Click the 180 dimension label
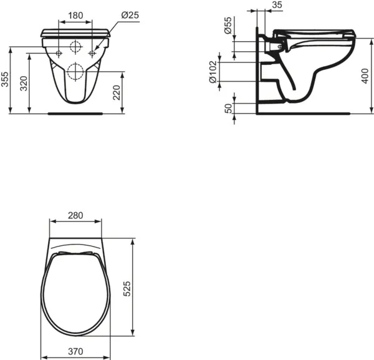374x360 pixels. (x=75, y=14)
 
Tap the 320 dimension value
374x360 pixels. (x=24, y=84)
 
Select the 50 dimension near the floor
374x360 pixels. (x=228, y=107)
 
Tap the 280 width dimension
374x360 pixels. (x=75, y=215)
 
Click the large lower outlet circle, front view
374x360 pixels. (x=75, y=71)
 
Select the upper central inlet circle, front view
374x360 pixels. (x=75, y=47)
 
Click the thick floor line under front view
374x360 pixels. (x=75, y=114)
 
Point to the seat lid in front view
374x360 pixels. (x=75, y=33)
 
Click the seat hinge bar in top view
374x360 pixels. (x=75, y=250)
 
